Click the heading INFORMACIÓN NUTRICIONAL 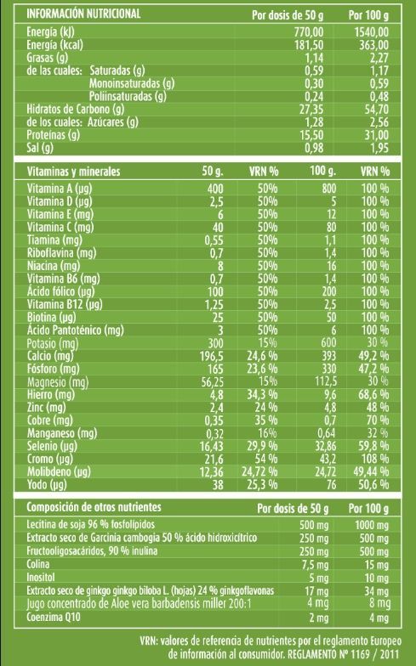tap(83, 14)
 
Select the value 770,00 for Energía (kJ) tap(309, 32)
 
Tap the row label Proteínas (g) tap(53, 135)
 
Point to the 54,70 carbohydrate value tap(376, 109)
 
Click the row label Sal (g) tap(40, 148)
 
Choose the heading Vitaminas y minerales tap(73, 172)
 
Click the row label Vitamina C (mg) tap(60, 227)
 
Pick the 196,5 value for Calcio tap(211, 356)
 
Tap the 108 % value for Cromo tap(375, 459)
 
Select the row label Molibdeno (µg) tap(59, 471)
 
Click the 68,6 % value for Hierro tap(373, 394)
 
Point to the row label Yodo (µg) tap(47, 484)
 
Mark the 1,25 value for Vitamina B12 tap(214, 304)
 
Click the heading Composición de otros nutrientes tap(94, 506)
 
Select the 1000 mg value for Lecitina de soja tap(372, 525)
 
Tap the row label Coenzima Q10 tap(53, 617)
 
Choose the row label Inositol tap(41, 578)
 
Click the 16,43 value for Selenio tap(211, 446)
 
